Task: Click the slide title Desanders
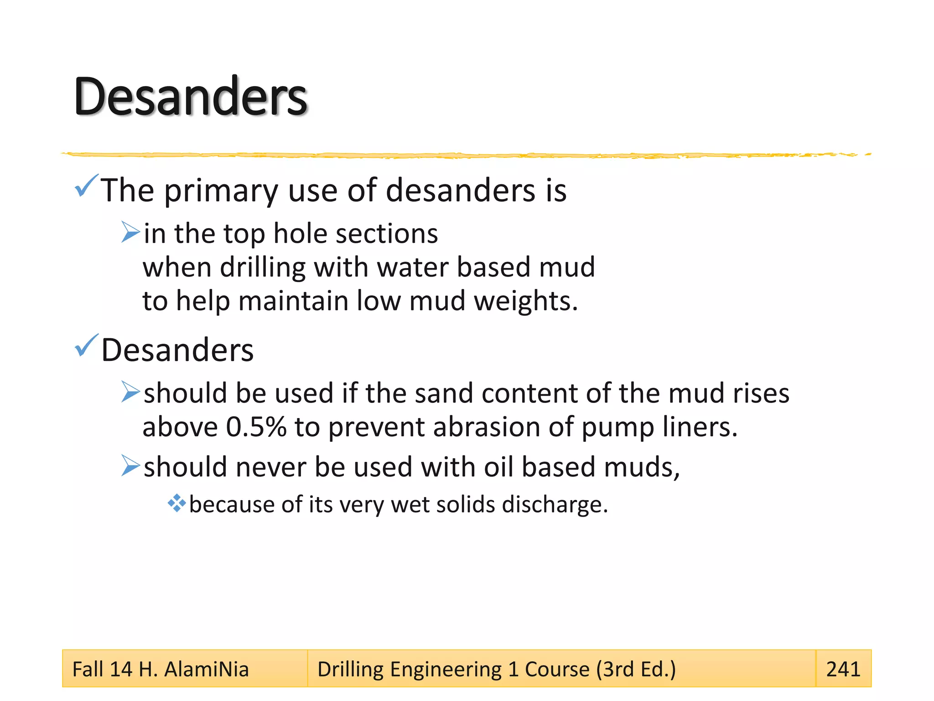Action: pyautogui.click(x=191, y=97)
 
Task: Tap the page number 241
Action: pyautogui.click(x=843, y=669)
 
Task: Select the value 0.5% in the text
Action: pyautogui.click(x=256, y=427)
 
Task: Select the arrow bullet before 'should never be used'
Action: pyautogui.click(x=130, y=466)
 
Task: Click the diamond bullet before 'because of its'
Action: pyautogui.click(x=176, y=503)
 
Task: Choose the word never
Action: pyautogui.click(x=271, y=467)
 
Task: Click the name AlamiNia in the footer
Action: pyautogui.click(x=206, y=670)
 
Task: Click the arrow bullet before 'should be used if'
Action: pyautogui.click(x=130, y=392)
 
